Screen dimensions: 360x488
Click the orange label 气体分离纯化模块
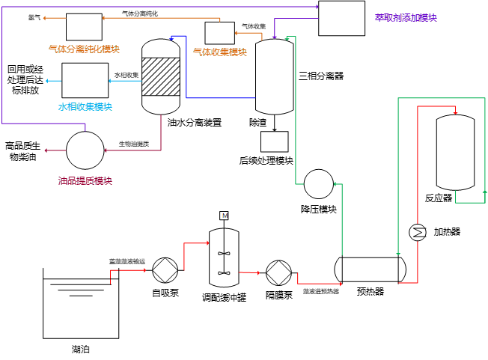tap(84, 49)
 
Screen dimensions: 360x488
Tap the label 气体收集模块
tap(220, 52)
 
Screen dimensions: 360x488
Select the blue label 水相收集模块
tap(85, 107)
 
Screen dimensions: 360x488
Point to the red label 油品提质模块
tap(85, 181)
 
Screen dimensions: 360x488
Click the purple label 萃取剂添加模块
tap(406, 18)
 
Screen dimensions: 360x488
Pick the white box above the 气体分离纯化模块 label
tap(84, 27)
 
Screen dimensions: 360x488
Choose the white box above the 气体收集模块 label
tap(220, 33)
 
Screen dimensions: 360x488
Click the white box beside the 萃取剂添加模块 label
tap(341, 18)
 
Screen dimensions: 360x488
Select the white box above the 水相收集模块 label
tap(85, 80)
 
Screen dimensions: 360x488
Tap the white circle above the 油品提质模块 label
tap(85, 150)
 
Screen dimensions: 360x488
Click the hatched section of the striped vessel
tap(161, 76)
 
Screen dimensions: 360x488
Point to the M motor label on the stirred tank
tap(224, 216)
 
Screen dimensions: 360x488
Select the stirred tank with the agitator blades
tap(224, 257)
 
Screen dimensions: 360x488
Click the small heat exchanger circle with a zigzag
tap(418, 232)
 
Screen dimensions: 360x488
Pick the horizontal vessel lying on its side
tap(370, 269)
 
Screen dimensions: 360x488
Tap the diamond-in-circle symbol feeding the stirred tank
tap(165, 270)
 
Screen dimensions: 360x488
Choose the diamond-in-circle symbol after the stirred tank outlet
tap(278, 272)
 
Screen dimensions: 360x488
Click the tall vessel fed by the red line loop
tap(455, 152)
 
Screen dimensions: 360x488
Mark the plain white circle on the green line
tap(319, 184)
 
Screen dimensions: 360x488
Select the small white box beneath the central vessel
tap(275, 141)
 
